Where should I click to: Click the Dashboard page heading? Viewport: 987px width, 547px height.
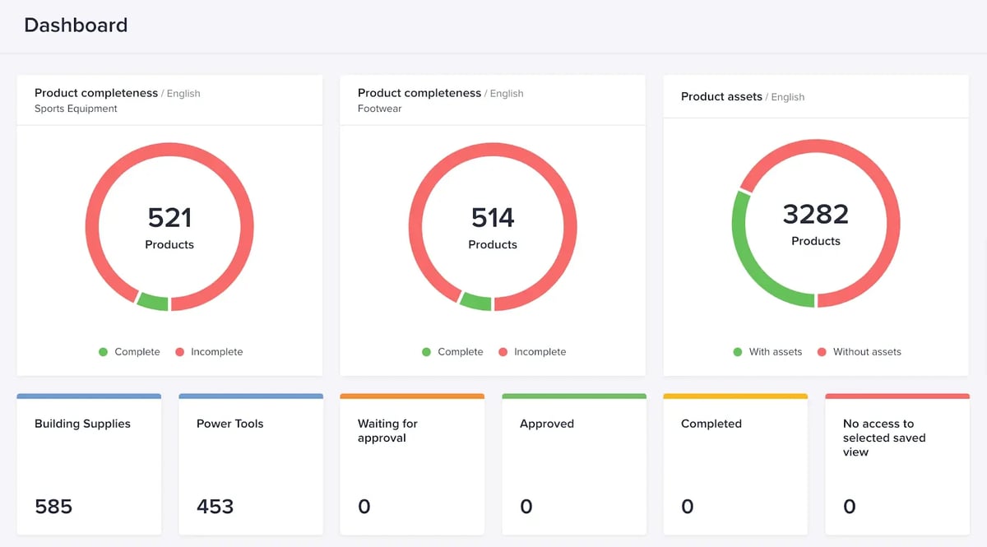click(76, 25)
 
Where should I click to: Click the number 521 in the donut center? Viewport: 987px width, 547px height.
click(169, 218)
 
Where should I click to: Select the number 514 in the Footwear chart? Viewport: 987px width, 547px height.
click(493, 218)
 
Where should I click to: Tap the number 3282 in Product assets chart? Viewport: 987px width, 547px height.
click(815, 215)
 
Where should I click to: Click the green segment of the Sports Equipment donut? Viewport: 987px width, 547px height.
click(153, 301)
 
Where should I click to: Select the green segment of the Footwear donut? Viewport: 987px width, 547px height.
click(476, 301)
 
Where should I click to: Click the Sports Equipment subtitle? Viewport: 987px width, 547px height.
click(76, 109)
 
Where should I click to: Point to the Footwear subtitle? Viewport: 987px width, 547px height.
click(379, 109)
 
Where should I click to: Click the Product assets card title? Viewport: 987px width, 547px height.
click(721, 96)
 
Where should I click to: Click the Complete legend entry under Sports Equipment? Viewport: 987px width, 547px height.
click(137, 352)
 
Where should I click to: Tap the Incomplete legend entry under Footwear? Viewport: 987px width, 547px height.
click(540, 352)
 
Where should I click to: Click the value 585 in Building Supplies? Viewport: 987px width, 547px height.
click(53, 507)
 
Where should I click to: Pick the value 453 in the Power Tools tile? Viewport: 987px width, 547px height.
click(215, 507)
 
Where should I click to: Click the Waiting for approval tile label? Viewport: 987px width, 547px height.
click(387, 431)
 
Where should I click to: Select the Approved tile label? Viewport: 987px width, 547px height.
click(547, 424)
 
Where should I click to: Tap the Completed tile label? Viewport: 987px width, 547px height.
click(711, 424)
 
